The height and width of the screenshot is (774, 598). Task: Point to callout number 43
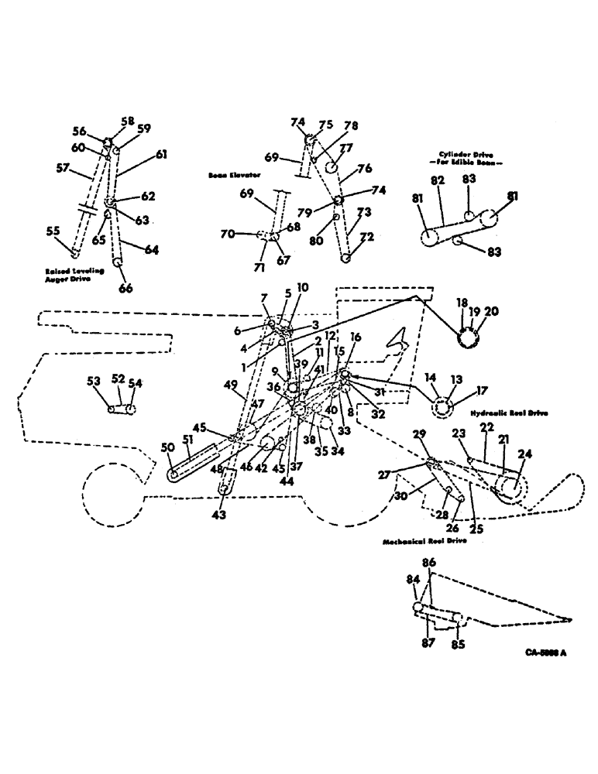click(x=221, y=515)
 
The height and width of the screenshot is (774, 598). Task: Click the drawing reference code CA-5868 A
click(x=545, y=652)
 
